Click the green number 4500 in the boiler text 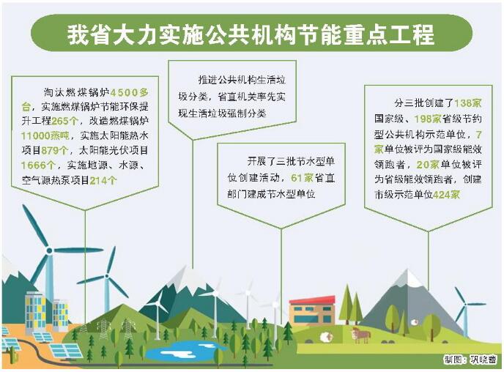[125, 92]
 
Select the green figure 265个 [65, 121]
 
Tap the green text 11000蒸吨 [45, 135]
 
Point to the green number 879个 [55, 150]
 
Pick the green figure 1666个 [38, 165]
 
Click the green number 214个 [103, 180]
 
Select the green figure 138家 [468, 103]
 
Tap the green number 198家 [428, 119]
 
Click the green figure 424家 [446, 195]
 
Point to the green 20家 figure [428, 165]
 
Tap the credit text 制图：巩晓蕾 [470, 360]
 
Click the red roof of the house [312, 301]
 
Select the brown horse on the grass [360, 335]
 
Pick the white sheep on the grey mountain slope [415, 321]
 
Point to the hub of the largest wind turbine [49, 250]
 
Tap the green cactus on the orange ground [13, 356]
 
